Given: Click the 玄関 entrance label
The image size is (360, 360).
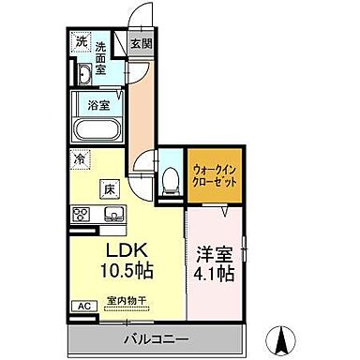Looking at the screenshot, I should [141, 43].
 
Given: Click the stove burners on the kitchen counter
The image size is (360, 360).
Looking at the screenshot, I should [80, 216].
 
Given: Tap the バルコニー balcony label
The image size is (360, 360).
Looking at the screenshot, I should [155, 337].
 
